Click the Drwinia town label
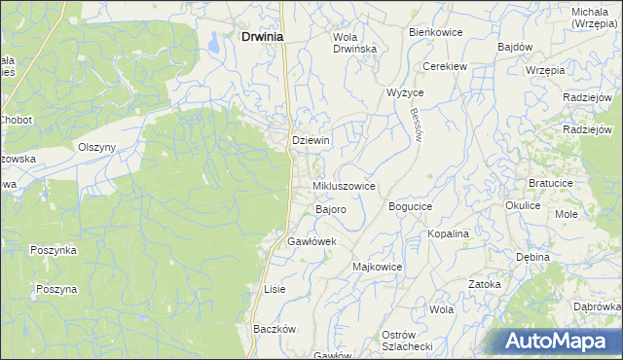click(x=258, y=37)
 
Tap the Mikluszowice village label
click(x=344, y=185)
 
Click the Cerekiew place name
click(x=446, y=66)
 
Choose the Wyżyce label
click(x=405, y=92)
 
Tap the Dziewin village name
click(x=311, y=140)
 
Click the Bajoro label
click(x=331, y=209)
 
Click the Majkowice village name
click(x=378, y=266)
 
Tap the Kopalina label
click(x=449, y=234)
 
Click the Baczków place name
click(x=275, y=329)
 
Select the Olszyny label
click(x=97, y=147)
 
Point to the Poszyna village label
click(x=56, y=289)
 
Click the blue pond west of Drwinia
click(x=212, y=41)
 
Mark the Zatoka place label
click(x=484, y=284)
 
